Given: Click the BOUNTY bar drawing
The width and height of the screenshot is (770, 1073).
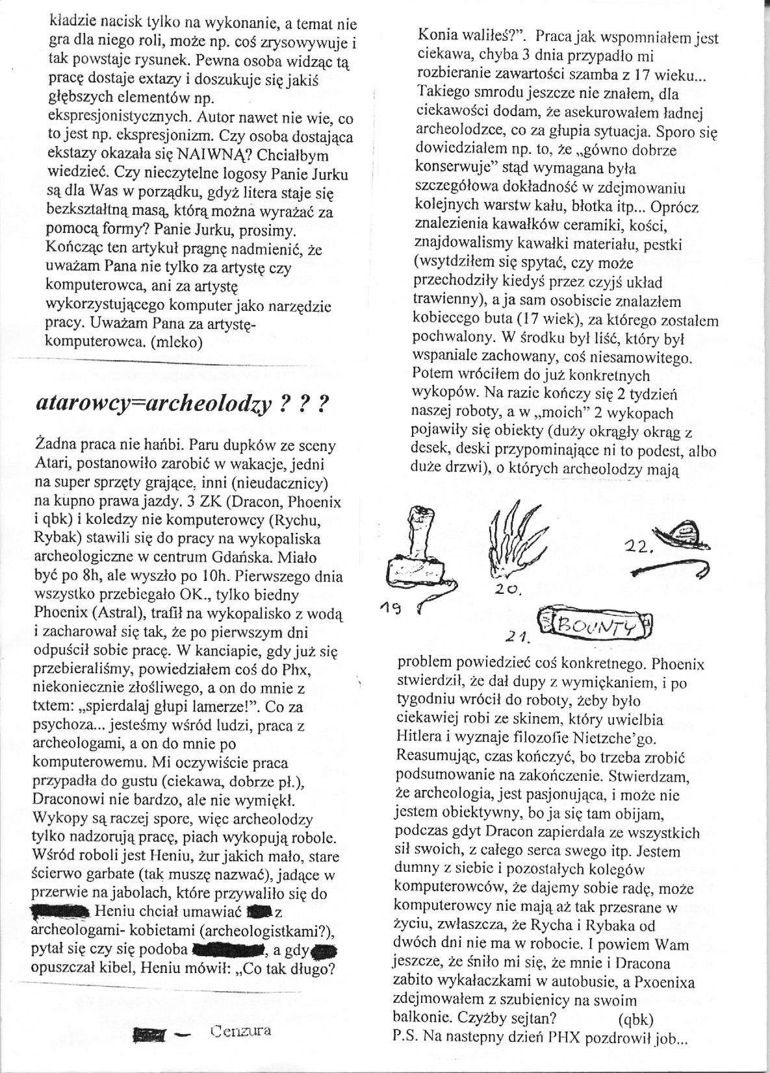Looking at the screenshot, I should click(596, 624).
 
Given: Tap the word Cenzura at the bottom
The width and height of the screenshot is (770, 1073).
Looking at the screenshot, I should click(241, 1030).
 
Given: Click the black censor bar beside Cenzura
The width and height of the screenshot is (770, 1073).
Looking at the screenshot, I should click(149, 1033).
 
